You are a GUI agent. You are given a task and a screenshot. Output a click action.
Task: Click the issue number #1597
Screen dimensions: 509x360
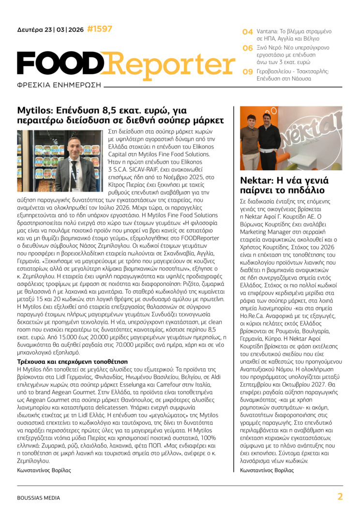[100, 30]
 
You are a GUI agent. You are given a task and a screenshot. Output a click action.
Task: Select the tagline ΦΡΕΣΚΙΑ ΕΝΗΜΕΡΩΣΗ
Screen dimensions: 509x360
[59, 84]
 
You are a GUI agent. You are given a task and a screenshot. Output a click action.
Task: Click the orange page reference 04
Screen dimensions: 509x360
[247, 32]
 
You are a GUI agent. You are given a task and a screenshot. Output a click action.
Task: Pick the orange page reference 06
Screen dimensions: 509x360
[247, 48]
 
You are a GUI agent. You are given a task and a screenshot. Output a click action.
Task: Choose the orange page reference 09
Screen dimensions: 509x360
[247, 72]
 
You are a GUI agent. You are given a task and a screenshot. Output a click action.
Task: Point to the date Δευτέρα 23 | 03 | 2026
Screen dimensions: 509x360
[50, 30]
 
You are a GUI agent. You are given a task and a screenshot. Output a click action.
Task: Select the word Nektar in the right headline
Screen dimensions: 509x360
[257, 181]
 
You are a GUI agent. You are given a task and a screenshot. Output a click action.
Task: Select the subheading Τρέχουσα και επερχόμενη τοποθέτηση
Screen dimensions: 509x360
[72, 361]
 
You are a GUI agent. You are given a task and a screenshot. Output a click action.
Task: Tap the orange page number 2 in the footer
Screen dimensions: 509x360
[340, 496]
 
